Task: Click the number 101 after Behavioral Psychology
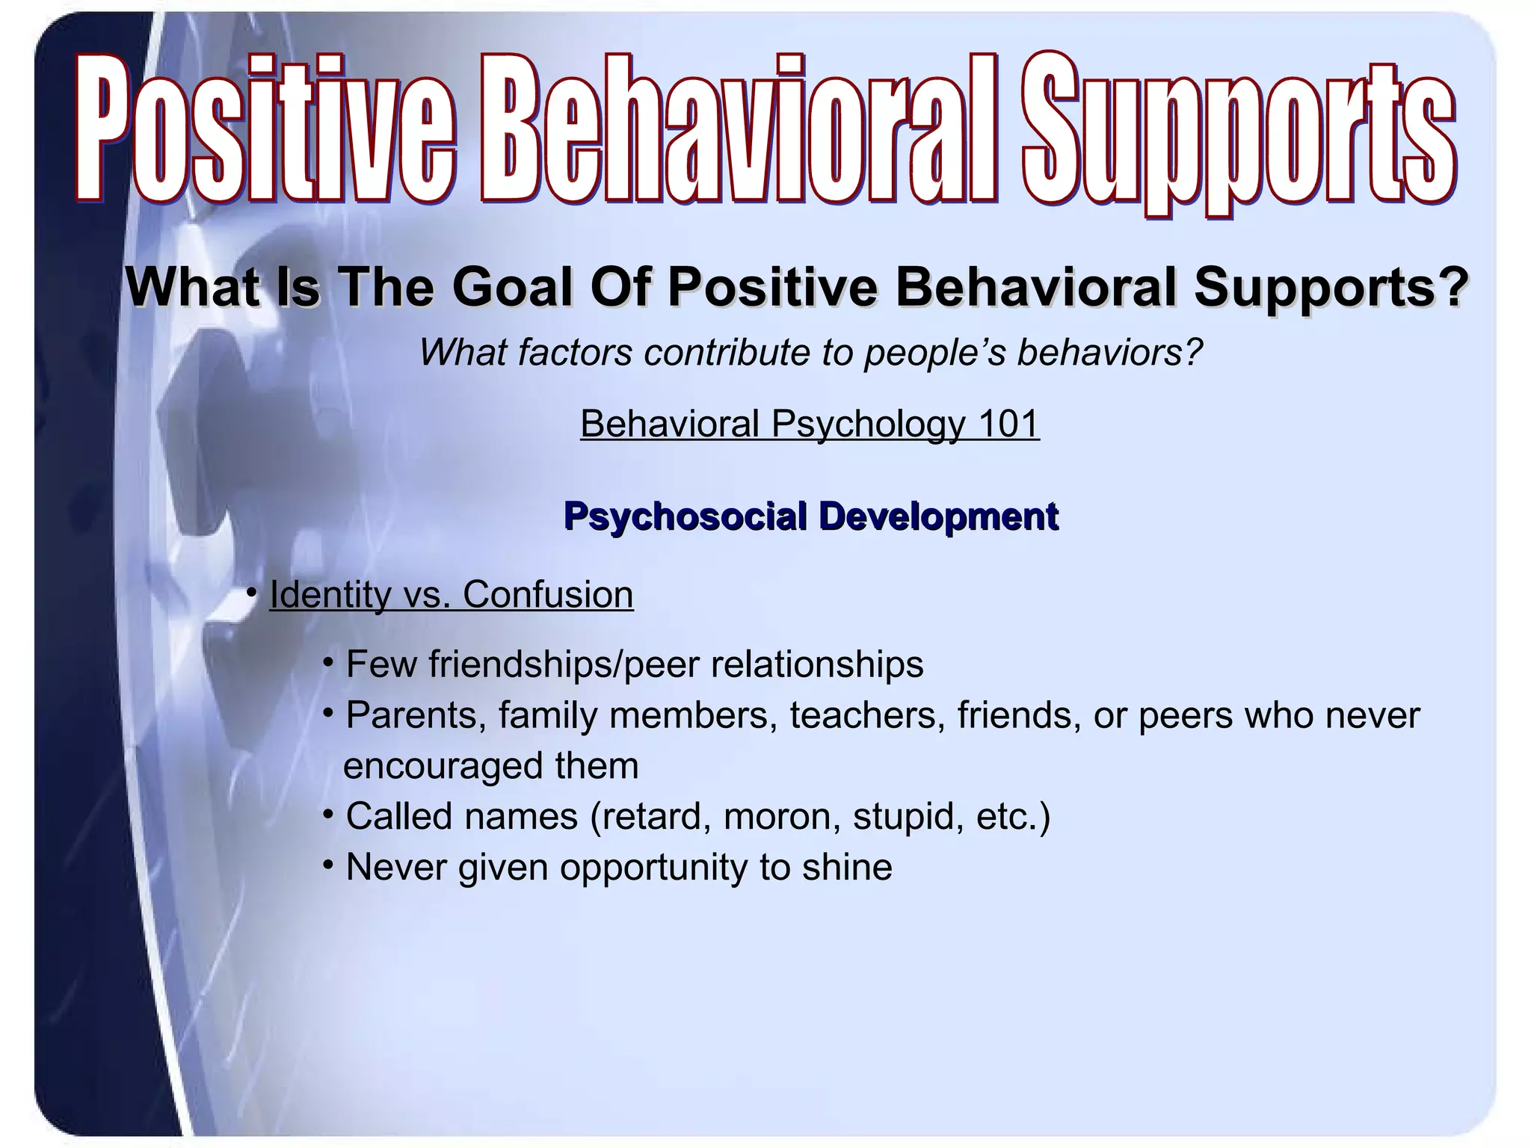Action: tap(1008, 424)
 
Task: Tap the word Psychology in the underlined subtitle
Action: tap(867, 424)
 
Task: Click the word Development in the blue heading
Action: tap(938, 516)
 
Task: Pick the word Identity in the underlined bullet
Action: tap(330, 595)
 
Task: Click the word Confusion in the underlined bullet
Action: tap(548, 595)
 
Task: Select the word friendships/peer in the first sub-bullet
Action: tap(564, 664)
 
